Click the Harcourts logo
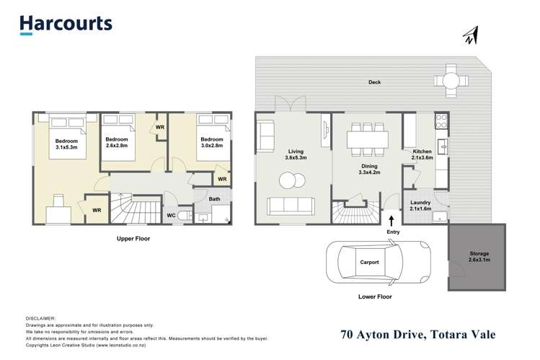(66, 23)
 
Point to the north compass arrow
(471, 35)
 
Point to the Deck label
(373, 82)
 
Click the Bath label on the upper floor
(215, 198)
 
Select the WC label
(171, 214)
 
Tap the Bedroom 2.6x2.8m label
(116, 143)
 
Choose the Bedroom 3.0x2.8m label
(211, 143)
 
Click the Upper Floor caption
(133, 238)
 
